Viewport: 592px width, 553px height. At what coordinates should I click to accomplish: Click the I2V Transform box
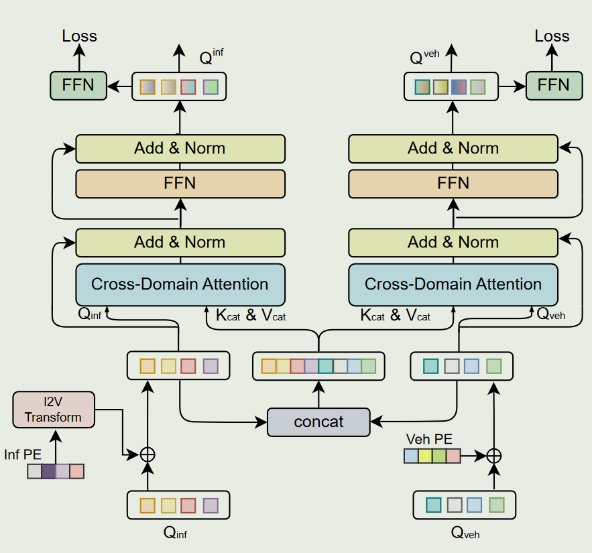[x=54, y=410]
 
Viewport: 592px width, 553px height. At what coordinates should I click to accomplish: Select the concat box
[x=318, y=422]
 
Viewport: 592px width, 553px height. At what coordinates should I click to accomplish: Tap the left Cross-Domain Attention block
[x=180, y=284]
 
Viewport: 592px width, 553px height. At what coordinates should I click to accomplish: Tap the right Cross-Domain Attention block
[x=453, y=284]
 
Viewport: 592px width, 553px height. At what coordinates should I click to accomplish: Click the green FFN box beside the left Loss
[x=78, y=85]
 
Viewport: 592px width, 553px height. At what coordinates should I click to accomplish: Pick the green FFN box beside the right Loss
[x=554, y=85]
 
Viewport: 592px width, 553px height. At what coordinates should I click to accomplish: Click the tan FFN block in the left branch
[x=180, y=183]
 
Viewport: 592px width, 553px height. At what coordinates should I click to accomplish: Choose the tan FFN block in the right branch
[x=453, y=183]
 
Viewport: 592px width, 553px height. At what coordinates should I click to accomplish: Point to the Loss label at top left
[x=79, y=36]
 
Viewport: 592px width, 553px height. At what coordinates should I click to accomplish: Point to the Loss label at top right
[x=552, y=36]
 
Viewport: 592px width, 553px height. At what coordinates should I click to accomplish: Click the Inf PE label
[x=23, y=455]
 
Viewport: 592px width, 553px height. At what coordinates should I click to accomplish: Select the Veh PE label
[x=429, y=440]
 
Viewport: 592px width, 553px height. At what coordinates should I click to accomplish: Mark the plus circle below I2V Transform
[x=147, y=454]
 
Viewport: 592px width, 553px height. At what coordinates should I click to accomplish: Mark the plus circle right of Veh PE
[x=494, y=456]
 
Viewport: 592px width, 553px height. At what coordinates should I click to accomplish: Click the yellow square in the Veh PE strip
[x=425, y=456]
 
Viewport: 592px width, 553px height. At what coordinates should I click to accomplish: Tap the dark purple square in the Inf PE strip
[x=49, y=471]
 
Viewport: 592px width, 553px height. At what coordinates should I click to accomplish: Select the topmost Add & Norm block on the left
[x=180, y=148]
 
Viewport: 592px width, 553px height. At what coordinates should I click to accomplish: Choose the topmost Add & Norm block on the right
[x=453, y=148]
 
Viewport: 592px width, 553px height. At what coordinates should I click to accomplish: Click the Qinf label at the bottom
[x=179, y=534]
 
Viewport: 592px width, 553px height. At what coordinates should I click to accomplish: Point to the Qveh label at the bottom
[x=465, y=534]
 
